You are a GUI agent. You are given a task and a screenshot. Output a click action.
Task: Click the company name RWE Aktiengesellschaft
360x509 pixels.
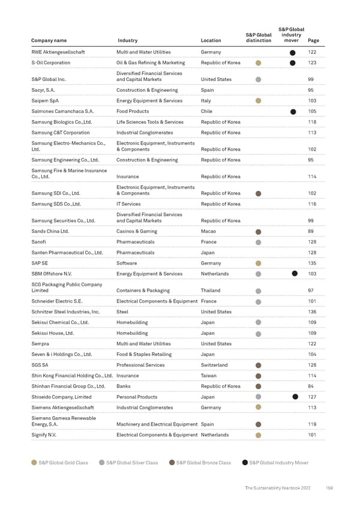point(58,52)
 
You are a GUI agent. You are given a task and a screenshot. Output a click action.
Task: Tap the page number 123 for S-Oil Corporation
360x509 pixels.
point(311,62)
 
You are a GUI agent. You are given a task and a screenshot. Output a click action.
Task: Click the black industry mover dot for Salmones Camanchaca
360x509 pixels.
point(293,112)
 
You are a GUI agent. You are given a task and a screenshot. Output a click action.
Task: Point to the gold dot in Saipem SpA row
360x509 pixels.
point(258,101)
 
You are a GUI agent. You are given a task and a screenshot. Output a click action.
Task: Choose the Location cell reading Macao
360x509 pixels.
point(209,231)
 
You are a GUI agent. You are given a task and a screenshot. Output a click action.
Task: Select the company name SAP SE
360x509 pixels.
point(40,263)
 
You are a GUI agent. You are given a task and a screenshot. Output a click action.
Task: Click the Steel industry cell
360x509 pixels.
point(122,312)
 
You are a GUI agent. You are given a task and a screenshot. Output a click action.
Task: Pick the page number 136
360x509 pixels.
point(311,312)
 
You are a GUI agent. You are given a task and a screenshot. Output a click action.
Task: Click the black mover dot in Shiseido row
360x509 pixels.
point(295,397)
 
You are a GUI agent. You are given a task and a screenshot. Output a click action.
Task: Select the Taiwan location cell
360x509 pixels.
point(209,376)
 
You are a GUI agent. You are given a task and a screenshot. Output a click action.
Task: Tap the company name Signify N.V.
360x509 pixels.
point(44,435)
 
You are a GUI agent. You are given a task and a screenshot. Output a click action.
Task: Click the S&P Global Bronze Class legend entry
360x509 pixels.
point(200,463)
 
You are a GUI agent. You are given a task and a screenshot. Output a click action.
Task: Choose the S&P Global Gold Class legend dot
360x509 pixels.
point(34,463)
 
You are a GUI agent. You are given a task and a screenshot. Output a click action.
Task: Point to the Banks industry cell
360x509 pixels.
point(124,387)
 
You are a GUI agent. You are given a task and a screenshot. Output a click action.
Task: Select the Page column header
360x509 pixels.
point(313,41)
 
